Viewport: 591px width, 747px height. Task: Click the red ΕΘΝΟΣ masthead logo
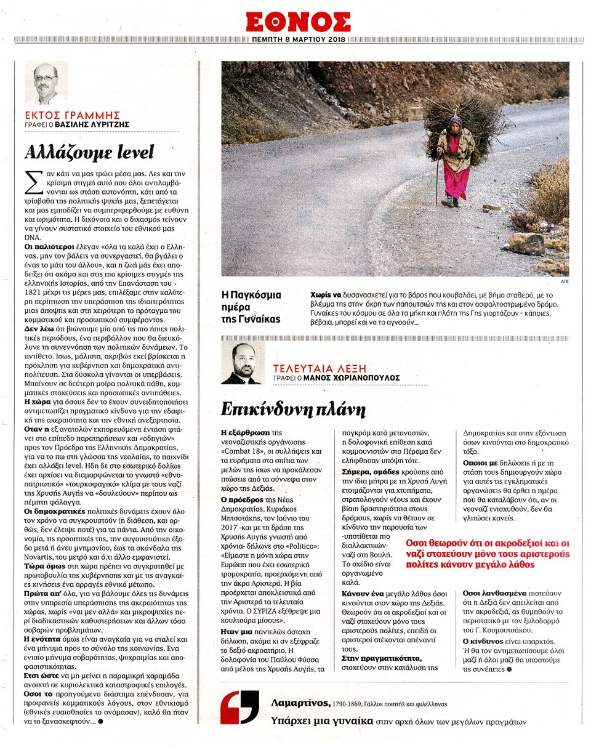tap(298, 22)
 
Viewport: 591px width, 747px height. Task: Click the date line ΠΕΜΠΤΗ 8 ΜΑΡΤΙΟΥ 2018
tap(298, 40)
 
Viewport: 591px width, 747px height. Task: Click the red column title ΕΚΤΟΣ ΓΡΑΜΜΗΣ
tap(72, 115)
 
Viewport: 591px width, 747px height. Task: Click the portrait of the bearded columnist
tap(241, 363)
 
